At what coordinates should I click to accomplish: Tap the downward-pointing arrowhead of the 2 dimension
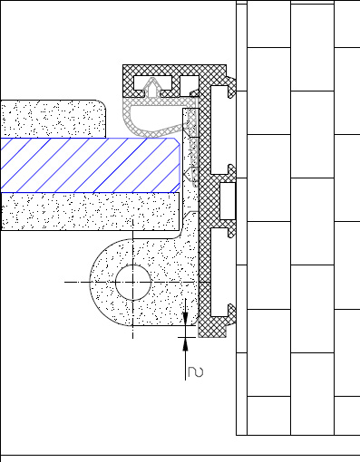tap(185, 319)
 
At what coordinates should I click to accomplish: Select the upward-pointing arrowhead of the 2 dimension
tap(185, 342)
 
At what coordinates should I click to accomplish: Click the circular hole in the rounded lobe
tap(132, 283)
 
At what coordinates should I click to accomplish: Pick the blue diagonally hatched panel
tap(91, 165)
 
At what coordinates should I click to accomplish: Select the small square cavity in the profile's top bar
tap(190, 86)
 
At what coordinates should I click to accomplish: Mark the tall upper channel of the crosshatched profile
tap(220, 127)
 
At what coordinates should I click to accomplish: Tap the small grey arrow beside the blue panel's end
tap(188, 171)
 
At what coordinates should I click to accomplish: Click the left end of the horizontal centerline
tap(67, 283)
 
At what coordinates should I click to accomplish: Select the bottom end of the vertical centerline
tap(132, 338)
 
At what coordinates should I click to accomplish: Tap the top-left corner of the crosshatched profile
tap(125, 68)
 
